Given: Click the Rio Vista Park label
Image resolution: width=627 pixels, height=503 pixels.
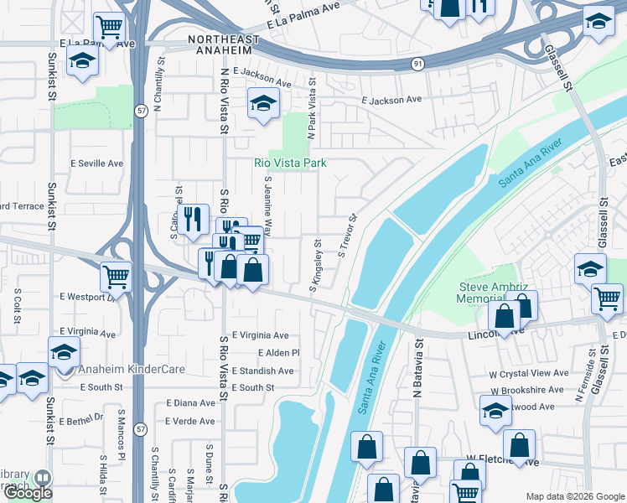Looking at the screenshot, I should coord(290,163).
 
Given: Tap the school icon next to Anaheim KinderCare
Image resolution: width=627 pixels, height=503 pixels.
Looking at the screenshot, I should coord(64,350).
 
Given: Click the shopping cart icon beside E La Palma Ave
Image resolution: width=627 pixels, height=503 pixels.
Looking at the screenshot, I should coord(108,28).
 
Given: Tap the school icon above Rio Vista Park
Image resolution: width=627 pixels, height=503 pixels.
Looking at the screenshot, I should coord(263,104).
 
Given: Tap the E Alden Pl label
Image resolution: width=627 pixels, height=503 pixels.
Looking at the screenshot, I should coord(278,353).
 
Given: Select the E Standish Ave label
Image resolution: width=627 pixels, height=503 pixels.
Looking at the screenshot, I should coord(263,371).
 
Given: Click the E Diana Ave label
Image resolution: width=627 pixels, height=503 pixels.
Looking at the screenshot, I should coord(190,403).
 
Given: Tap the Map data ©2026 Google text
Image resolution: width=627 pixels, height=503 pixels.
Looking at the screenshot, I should coord(574,496).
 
